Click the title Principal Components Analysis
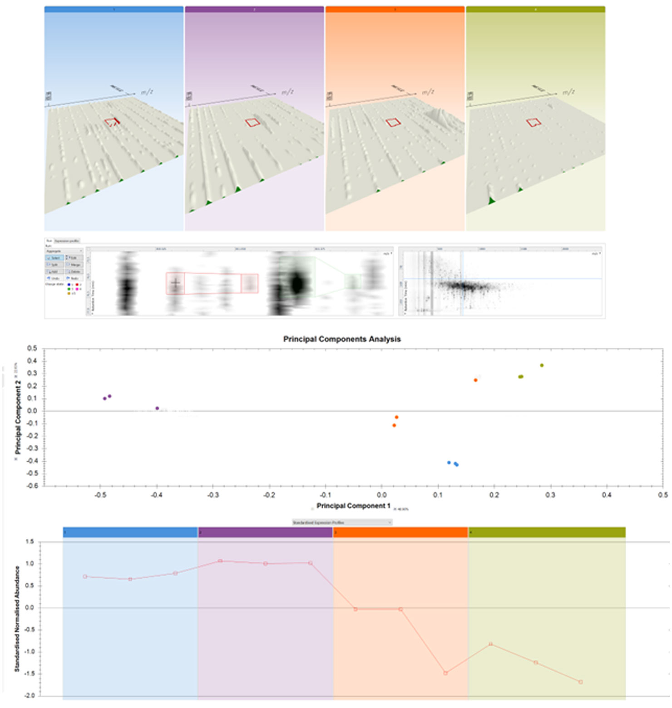(x=342, y=339)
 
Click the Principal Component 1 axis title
(x=353, y=506)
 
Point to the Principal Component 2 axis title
(x=18, y=417)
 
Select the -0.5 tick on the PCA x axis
(x=100, y=495)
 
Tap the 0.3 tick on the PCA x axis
(x=550, y=495)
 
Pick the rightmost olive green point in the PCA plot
(x=542, y=365)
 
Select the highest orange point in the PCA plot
(x=476, y=380)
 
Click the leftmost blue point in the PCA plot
(x=449, y=462)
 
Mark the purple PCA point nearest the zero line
(x=157, y=408)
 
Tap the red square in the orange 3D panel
(x=393, y=122)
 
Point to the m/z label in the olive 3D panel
(x=568, y=92)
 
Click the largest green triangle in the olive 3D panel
(x=491, y=200)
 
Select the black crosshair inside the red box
(x=175, y=283)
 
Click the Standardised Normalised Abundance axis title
(x=17, y=619)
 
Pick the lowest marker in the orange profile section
(x=445, y=673)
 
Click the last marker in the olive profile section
(x=581, y=682)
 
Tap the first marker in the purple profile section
(x=220, y=561)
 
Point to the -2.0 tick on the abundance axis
(x=30, y=696)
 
